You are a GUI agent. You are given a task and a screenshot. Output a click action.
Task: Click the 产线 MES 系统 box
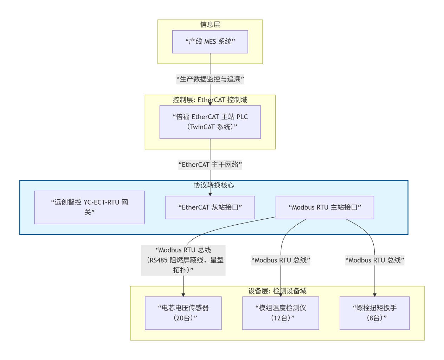coord(210,42)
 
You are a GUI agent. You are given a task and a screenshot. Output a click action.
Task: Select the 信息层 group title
coord(210,25)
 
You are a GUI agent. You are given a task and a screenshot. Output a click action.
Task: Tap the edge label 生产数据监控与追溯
coord(210,79)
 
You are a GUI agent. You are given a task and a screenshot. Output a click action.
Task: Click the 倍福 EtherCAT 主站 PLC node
coord(210,122)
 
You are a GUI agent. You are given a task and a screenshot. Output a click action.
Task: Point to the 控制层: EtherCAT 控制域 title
coord(210,100)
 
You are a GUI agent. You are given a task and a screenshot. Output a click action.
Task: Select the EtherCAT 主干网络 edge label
coord(210,165)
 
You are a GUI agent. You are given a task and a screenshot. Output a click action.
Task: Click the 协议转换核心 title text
coord(213,185)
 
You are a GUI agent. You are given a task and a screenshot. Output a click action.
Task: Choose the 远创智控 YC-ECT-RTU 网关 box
coord(89,207)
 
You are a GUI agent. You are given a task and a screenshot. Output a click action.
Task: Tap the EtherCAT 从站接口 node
coord(210,207)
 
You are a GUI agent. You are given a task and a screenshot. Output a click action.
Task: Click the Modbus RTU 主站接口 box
coord(324,207)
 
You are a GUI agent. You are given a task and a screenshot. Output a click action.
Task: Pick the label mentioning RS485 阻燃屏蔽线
coord(183,260)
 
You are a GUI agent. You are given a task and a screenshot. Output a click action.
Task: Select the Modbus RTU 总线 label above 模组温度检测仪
coord(281,260)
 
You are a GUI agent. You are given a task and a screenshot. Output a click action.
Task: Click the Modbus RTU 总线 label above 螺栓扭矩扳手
coord(375,260)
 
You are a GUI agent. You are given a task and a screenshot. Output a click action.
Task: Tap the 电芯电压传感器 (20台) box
coord(183,313)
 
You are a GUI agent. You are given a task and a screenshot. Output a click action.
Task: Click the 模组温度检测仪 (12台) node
coord(281,313)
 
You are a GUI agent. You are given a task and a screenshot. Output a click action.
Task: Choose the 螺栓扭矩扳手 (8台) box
coord(375,313)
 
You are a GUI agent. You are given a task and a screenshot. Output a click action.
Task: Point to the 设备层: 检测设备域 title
coord(277,291)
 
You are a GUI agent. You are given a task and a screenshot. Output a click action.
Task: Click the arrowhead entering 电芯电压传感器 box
coord(183,295)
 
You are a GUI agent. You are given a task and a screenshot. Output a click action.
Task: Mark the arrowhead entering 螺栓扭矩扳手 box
coord(375,295)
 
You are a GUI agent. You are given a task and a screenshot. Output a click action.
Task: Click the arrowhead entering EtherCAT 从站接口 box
coord(210,194)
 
